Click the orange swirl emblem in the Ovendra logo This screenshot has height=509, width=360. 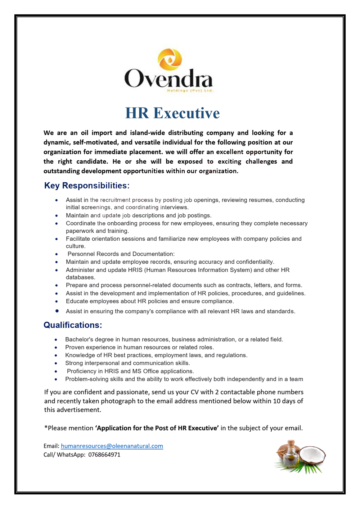(170, 59)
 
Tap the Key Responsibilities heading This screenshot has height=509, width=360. (86, 186)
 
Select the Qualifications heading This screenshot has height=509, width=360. (73, 325)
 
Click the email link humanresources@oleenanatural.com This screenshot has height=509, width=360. (112, 446)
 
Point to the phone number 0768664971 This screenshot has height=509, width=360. (104, 454)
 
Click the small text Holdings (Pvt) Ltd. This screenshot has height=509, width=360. (190, 91)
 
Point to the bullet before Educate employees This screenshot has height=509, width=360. (57, 301)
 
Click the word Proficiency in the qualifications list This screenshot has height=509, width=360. (82, 371)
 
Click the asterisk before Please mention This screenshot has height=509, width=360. (46, 427)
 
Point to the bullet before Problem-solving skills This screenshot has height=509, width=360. (56, 379)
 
